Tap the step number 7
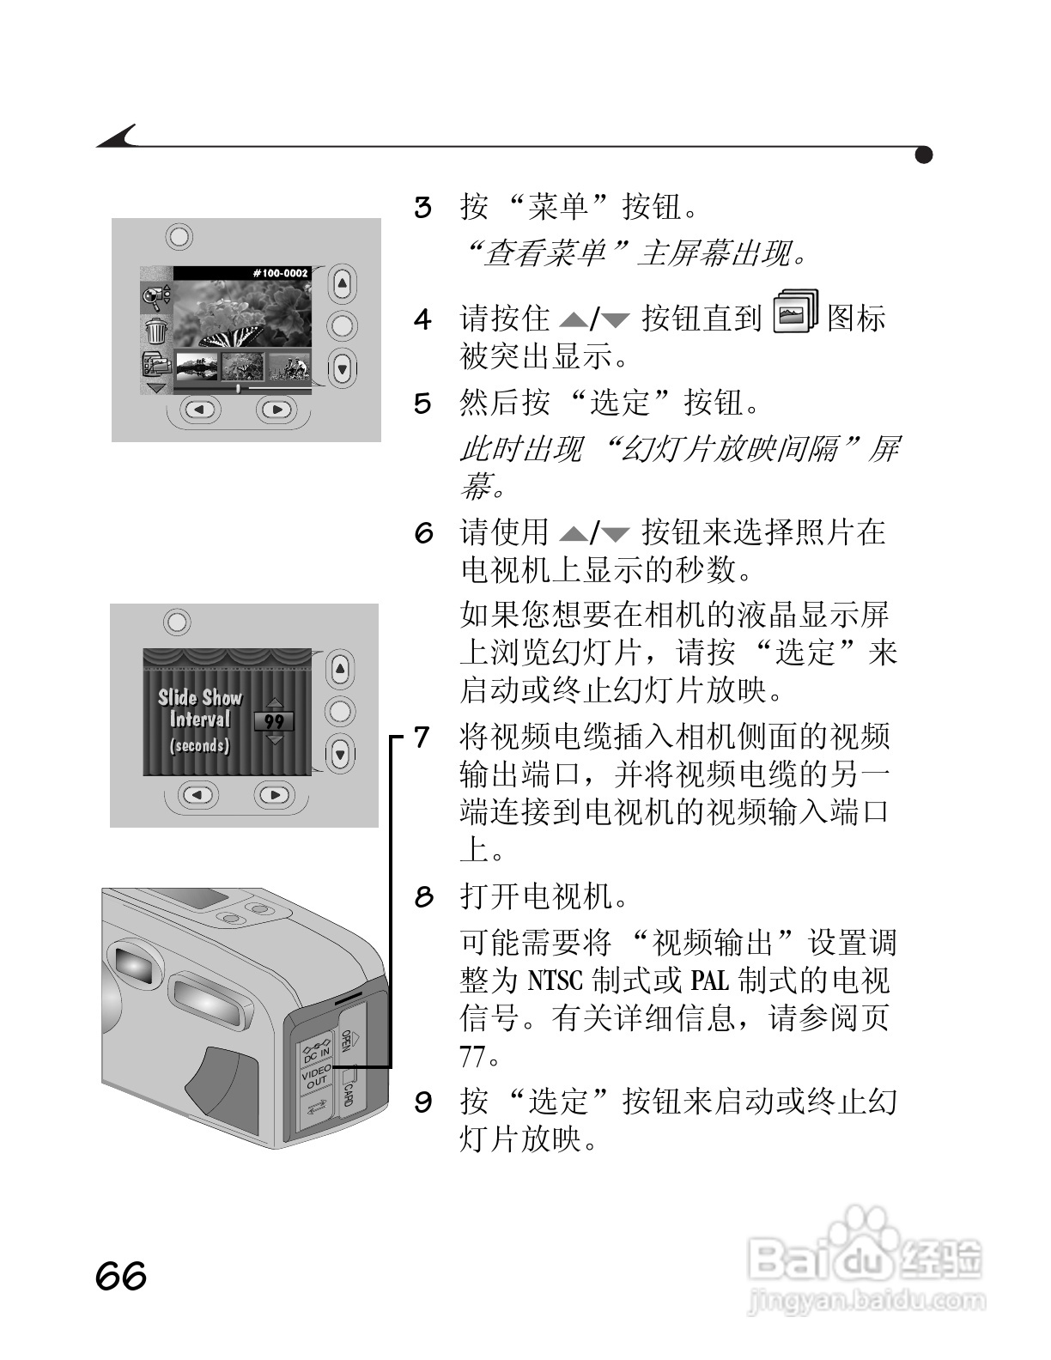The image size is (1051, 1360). click(x=422, y=738)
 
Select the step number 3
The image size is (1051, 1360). click(x=422, y=208)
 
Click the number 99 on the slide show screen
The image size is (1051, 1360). click(x=274, y=722)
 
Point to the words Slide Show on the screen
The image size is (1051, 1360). click(x=199, y=698)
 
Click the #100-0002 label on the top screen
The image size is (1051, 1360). click(x=280, y=273)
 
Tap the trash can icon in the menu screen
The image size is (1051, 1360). click(x=155, y=330)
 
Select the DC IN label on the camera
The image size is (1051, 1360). click(x=315, y=1048)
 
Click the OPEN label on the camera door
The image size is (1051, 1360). click(x=347, y=1040)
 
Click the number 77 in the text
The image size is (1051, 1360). click(x=473, y=1057)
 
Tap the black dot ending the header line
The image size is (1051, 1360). click(x=924, y=155)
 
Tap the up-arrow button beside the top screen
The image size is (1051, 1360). click(x=342, y=283)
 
